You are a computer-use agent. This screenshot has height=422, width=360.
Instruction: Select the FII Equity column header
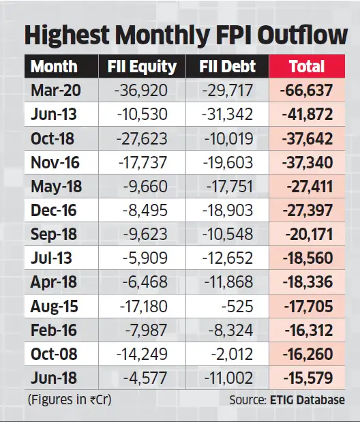[x=142, y=67]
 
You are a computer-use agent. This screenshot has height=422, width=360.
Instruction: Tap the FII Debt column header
[x=228, y=67]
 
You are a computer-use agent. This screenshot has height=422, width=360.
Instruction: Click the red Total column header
[x=307, y=67]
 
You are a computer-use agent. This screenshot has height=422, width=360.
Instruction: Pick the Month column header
[x=54, y=67]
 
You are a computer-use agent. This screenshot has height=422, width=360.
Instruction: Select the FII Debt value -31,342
[x=228, y=115]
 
